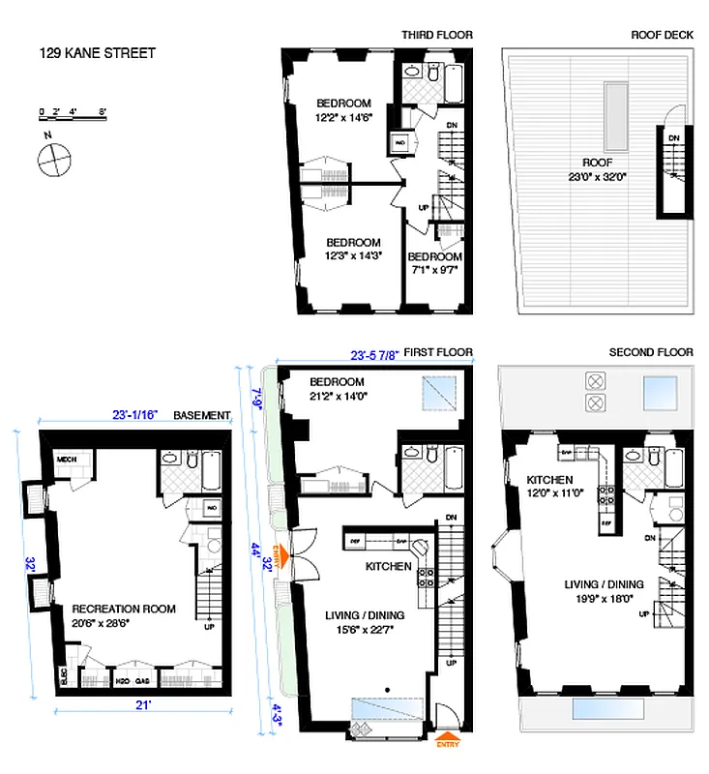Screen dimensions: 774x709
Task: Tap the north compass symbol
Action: click(x=53, y=159)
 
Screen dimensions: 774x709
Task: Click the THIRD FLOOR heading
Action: click(x=437, y=36)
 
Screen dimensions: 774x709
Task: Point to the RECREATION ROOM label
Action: click(x=124, y=609)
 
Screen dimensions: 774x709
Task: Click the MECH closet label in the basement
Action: click(x=66, y=460)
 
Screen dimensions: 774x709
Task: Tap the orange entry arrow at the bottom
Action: click(x=443, y=736)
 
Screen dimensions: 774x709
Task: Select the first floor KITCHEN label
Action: click(x=389, y=566)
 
